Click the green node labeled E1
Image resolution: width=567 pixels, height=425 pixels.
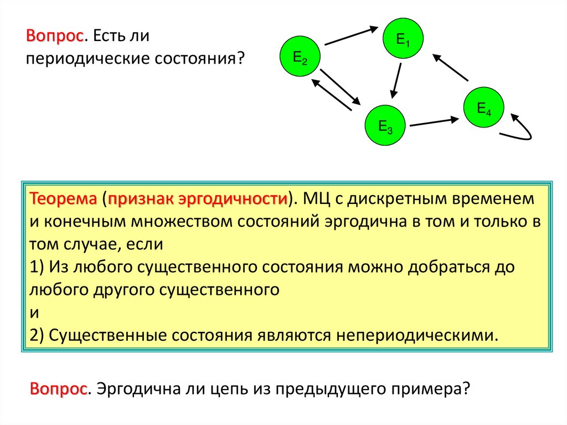403,39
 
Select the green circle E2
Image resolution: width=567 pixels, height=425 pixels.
300,57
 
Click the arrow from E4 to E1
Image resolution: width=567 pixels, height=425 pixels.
451,67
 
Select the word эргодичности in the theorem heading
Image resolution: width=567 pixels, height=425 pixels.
246,198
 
